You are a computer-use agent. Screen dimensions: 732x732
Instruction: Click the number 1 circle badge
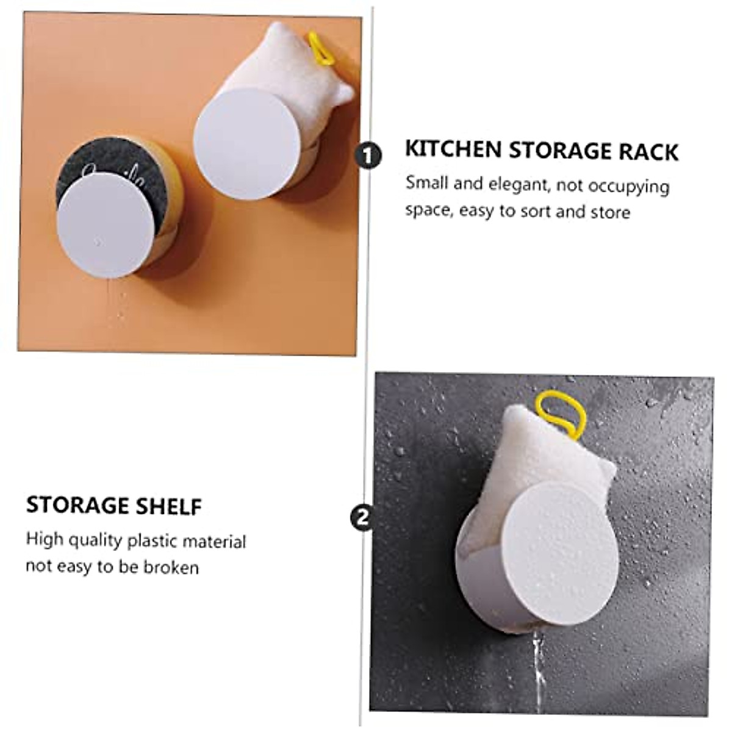(x=367, y=156)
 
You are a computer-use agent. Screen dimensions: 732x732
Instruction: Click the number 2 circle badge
(x=363, y=518)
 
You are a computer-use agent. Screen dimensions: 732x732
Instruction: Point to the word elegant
(x=518, y=184)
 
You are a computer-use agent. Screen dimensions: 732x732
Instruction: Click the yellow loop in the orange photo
(x=321, y=49)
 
